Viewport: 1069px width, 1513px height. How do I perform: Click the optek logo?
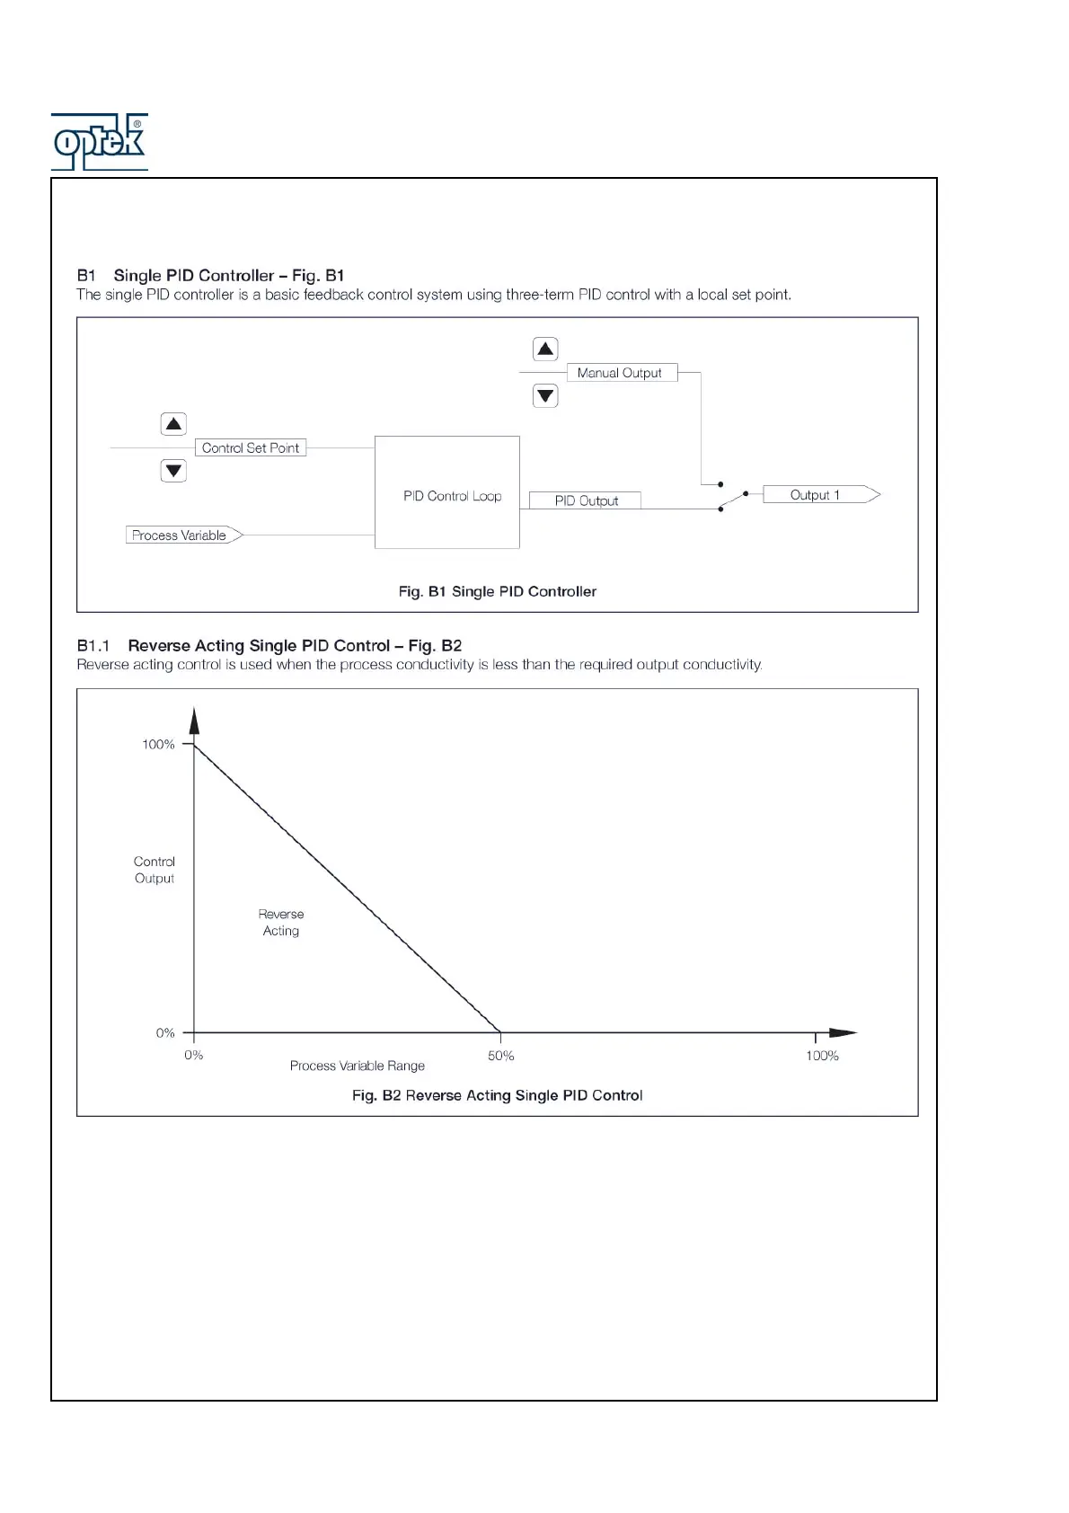click(x=99, y=142)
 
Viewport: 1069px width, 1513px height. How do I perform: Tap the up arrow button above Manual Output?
click(x=545, y=349)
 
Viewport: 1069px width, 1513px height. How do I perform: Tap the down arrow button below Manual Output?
click(x=545, y=395)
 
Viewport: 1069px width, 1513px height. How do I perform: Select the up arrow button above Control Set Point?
click(x=173, y=424)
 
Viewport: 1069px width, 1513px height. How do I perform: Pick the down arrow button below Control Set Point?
click(x=173, y=470)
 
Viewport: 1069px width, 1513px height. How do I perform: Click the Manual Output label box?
click(x=621, y=373)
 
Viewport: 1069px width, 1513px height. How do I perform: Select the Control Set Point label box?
click(x=251, y=447)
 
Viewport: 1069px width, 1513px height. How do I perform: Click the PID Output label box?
click(x=586, y=500)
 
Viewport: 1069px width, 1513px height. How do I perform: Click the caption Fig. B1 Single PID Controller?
click(x=497, y=591)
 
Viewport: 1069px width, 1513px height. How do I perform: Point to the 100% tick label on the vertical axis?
click(x=158, y=744)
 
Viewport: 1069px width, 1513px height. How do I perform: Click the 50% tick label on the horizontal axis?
click(x=501, y=1056)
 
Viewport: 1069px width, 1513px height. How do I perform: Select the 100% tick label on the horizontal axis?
click(x=822, y=1056)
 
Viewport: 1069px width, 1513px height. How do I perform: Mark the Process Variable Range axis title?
click(x=358, y=1066)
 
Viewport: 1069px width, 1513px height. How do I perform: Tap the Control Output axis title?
click(x=155, y=870)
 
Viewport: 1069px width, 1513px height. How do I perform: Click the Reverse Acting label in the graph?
click(x=281, y=923)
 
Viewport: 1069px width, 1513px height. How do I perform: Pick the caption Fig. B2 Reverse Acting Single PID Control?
click(x=497, y=1095)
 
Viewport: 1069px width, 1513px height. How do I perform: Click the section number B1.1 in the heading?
click(x=93, y=645)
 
